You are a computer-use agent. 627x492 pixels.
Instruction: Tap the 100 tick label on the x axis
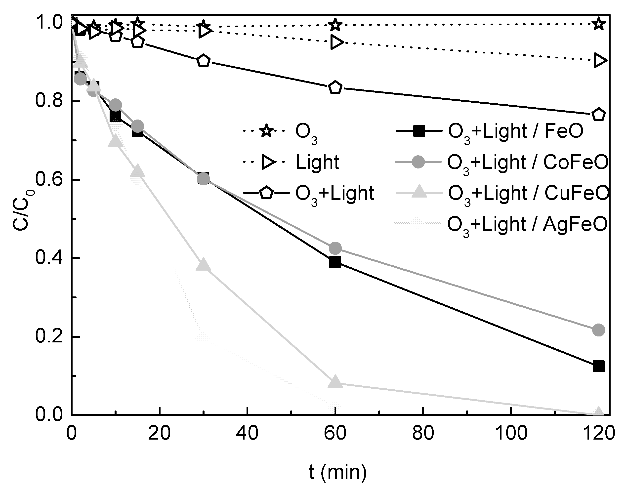(511, 433)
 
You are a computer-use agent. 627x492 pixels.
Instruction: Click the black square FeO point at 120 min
(598, 367)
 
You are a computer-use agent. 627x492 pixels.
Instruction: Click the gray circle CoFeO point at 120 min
(598, 330)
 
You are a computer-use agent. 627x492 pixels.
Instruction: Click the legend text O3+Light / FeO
(515, 132)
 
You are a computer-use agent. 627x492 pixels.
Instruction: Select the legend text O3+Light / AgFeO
(527, 225)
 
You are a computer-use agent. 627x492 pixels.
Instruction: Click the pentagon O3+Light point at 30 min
(203, 61)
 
